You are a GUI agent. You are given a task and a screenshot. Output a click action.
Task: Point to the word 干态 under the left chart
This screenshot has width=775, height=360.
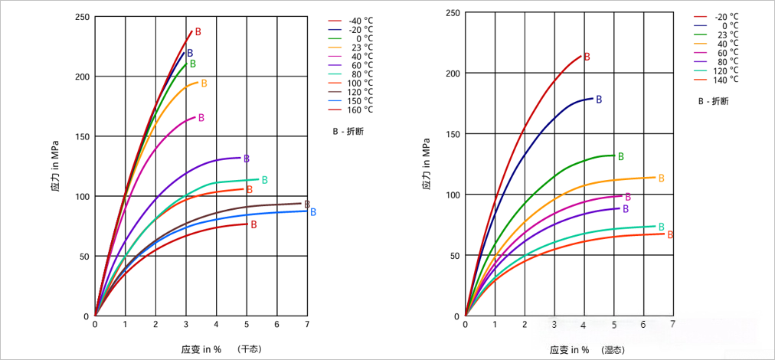point(250,349)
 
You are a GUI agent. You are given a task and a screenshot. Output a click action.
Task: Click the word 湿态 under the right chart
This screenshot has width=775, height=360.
point(613,350)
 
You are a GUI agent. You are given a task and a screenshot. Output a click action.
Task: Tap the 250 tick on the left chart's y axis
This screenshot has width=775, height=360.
point(80,17)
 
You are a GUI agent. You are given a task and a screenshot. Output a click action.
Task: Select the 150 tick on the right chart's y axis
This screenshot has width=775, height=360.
point(451,134)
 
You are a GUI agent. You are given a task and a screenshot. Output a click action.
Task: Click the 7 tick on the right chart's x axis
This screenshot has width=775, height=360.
point(672,324)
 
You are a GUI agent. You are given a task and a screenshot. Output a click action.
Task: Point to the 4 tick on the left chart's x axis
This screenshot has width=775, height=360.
point(216,324)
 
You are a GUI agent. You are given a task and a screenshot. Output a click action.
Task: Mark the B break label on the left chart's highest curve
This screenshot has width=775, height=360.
point(198,32)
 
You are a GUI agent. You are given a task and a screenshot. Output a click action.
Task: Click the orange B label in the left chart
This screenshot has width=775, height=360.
point(204,83)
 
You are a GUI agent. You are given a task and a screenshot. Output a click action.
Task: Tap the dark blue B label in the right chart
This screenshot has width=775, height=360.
point(599,100)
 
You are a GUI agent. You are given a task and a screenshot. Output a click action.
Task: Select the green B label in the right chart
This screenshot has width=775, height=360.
point(620,157)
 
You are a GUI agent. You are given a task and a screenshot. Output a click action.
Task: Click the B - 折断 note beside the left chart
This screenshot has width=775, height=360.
point(348,131)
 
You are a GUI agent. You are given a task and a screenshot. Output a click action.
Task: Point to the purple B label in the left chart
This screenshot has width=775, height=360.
point(247,159)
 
